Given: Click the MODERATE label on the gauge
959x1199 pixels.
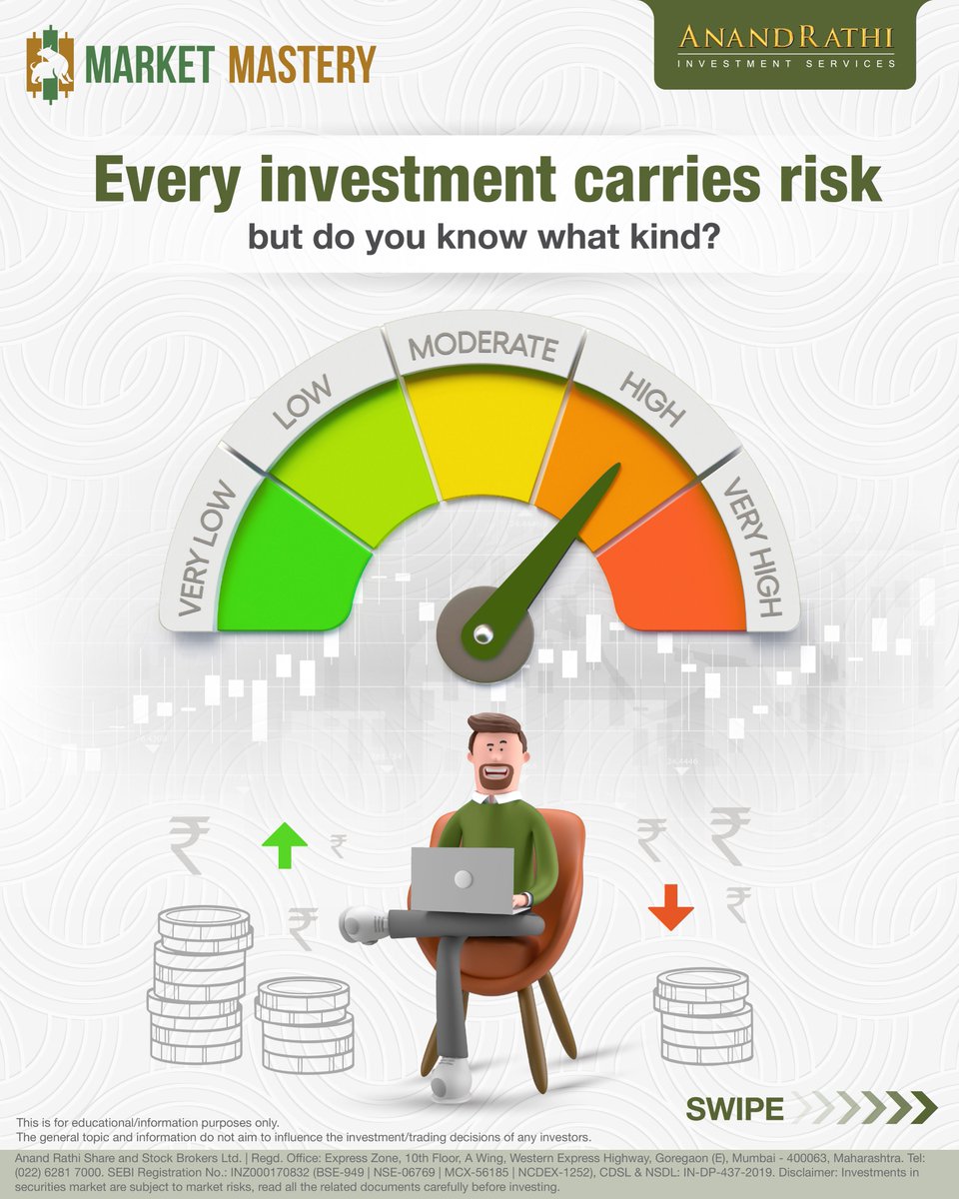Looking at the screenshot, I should (x=481, y=347).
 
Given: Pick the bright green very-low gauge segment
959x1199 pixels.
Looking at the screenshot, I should (x=285, y=570).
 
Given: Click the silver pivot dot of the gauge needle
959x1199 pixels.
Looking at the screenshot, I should (x=481, y=631).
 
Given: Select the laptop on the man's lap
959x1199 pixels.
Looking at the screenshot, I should (x=463, y=879).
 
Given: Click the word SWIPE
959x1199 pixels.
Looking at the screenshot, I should (x=734, y=1109).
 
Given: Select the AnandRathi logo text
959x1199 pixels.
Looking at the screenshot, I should (x=785, y=39).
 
